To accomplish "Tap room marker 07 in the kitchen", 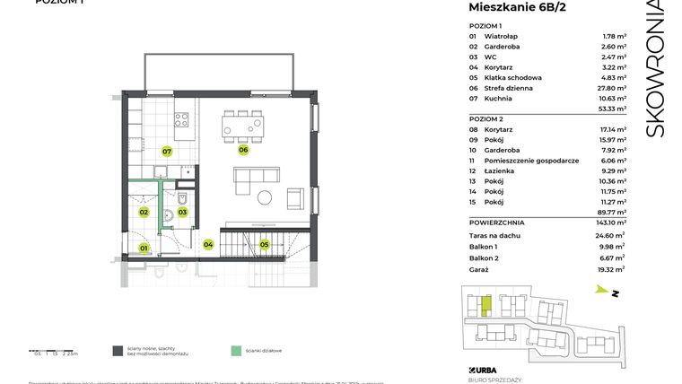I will coord(167,152).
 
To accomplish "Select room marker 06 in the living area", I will coord(243,150).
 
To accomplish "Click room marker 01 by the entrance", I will coord(143,248).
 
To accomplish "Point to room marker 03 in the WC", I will coord(182,212).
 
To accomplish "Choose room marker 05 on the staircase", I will coord(264,243).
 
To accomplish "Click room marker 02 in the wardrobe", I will coord(144,212).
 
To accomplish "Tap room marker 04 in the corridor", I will coord(208,243).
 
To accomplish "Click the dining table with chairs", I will coord(244,126).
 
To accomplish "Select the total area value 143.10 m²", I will coord(612,222).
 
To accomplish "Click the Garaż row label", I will coord(481,269).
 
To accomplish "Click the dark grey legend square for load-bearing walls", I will coord(118,351).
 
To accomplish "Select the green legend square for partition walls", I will coord(235,351).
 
